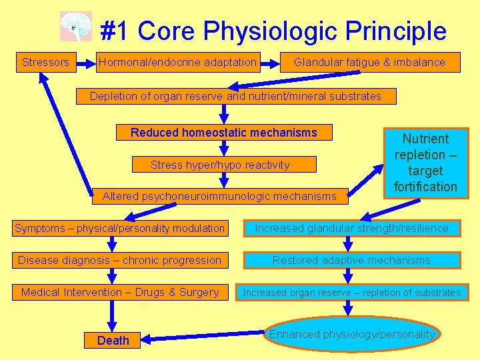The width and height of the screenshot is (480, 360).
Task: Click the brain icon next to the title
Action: coord(75,27)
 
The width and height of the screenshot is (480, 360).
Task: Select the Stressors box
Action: coord(45,63)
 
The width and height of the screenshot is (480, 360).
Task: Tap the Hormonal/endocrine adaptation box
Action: coord(177,63)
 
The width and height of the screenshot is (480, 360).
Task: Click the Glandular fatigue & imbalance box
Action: coord(369,63)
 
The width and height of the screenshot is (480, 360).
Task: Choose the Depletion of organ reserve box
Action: coord(235,96)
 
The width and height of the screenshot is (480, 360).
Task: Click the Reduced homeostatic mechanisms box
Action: coord(224,133)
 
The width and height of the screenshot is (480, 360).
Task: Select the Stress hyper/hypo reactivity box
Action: coord(220,165)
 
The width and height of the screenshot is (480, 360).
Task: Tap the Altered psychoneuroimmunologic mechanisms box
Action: coord(219,196)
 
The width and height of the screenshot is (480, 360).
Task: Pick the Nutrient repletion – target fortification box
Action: coord(425,163)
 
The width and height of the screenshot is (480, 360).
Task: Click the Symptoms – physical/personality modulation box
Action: coord(120,229)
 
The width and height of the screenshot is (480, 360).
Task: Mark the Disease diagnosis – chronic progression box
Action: coord(120,261)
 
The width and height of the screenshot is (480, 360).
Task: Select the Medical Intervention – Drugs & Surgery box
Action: coord(120,293)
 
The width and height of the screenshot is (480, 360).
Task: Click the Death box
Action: coord(113,341)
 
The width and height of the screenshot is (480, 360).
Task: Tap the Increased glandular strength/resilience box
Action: coord(352,229)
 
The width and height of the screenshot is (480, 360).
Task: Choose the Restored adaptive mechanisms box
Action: coord(352,261)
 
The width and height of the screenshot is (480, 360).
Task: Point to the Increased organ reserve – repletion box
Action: coord(352,293)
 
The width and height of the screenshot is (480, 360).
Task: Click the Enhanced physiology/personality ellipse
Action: coord(352,335)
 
